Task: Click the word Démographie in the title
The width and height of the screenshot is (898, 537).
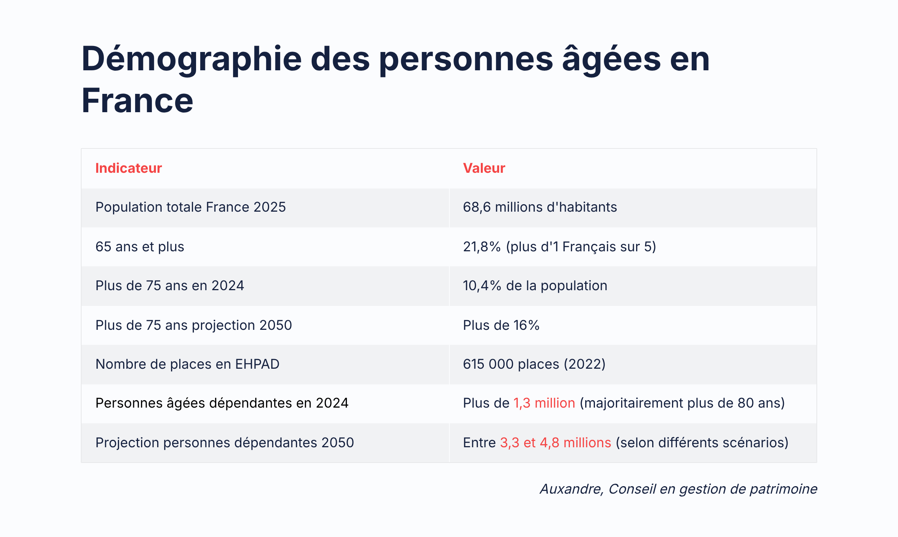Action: (191, 59)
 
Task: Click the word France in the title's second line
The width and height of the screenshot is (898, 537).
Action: (137, 101)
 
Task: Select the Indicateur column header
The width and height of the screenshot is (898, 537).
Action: (128, 168)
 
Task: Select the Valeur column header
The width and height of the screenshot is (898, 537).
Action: (484, 168)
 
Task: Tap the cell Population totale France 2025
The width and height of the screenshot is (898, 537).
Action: (190, 207)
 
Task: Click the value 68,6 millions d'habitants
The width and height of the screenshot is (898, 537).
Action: (540, 207)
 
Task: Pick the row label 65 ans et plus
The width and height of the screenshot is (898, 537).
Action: (140, 247)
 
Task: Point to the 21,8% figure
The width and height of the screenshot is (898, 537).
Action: (482, 247)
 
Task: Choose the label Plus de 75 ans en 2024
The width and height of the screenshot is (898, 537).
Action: (169, 286)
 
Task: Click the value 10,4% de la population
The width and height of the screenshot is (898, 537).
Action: (535, 286)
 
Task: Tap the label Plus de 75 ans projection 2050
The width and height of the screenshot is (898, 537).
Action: (193, 325)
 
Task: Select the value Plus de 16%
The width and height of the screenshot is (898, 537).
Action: (501, 325)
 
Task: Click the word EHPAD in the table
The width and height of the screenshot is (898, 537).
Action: (257, 364)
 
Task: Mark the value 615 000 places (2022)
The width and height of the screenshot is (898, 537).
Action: (534, 364)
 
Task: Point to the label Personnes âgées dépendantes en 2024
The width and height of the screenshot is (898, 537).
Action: (222, 403)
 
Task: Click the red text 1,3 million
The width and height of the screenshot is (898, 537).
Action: (544, 403)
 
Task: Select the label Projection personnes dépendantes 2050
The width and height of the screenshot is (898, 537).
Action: (224, 443)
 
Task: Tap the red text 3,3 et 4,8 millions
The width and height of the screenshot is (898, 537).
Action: (555, 443)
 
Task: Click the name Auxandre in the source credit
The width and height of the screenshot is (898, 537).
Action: (571, 489)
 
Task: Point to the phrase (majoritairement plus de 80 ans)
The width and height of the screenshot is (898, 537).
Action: (682, 403)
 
